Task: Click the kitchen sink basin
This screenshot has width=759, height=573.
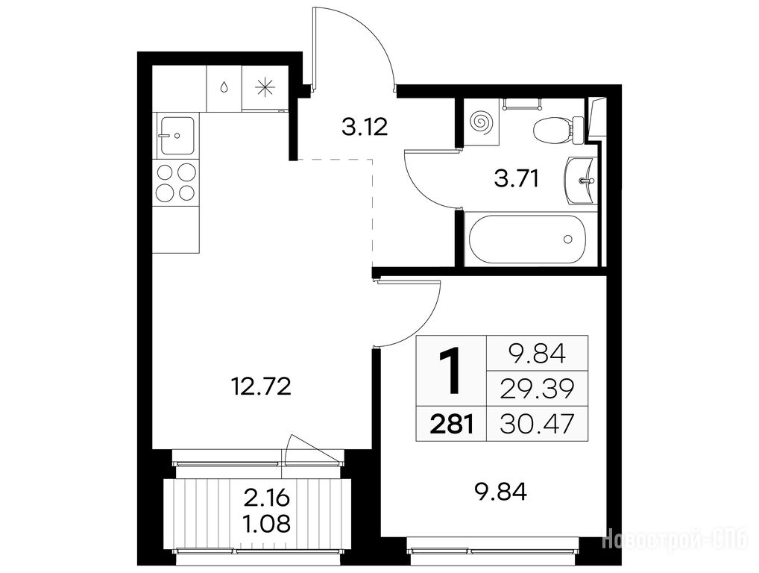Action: pyautogui.click(x=177, y=136)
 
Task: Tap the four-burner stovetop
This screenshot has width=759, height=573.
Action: pyautogui.click(x=176, y=183)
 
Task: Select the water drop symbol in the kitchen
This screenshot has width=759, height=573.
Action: pyautogui.click(x=224, y=87)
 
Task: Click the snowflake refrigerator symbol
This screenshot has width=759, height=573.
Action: pyautogui.click(x=265, y=88)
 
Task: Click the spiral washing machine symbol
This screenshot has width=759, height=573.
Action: pyautogui.click(x=481, y=122)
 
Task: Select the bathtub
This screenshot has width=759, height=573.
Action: pyautogui.click(x=527, y=239)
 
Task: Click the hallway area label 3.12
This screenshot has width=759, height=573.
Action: pyautogui.click(x=365, y=128)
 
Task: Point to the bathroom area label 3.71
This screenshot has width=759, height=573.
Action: pyautogui.click(x=517, y=179)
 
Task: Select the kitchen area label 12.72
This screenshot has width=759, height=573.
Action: pyautogui.click(x=262, y=386)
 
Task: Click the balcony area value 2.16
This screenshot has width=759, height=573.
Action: pyautogui.click(x=267, y=498)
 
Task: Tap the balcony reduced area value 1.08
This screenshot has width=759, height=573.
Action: pyautogui.click(x=267, y=523)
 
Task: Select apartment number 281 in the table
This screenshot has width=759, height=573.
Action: pyautogui.click(x=451, y=424)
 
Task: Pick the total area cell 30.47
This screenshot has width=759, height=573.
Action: pyautogui.click(x=537, y=424)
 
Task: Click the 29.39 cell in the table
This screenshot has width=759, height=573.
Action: pyautogui.click(x=537, y=389)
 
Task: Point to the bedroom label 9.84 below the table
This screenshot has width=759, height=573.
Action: pyautogui.click(x=501, y=492)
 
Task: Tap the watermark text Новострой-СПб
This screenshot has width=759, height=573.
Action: pyautogui.click(x=675, y=539)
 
